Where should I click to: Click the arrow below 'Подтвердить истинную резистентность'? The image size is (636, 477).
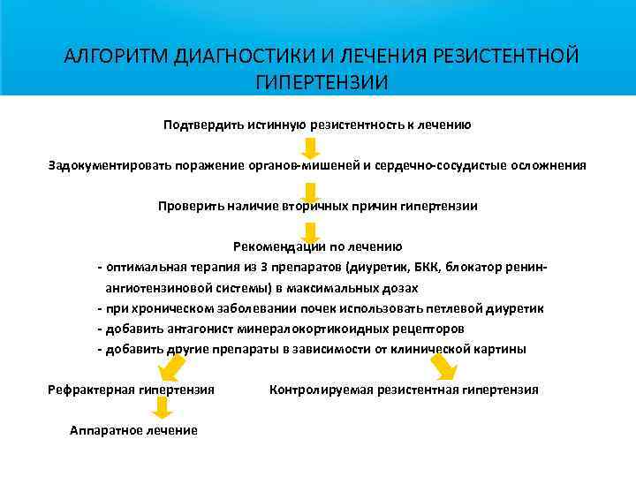[311, 147]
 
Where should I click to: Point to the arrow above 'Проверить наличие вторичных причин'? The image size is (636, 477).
[311, 189]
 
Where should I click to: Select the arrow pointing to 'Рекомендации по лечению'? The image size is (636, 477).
[312, 231]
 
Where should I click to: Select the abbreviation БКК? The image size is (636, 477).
[461, 268]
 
